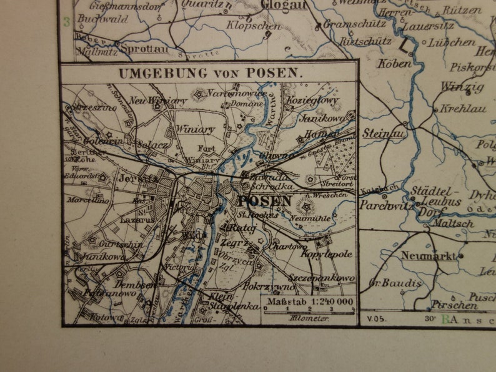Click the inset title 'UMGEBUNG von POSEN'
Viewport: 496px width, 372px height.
click(x=210, y=73)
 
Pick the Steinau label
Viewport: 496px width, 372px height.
click(x=385, y=133)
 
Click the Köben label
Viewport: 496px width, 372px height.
click(x=395, y=64)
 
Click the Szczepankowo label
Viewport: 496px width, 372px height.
click(x=322, y=277)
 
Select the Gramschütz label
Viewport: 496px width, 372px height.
click(x=351, y=24)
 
